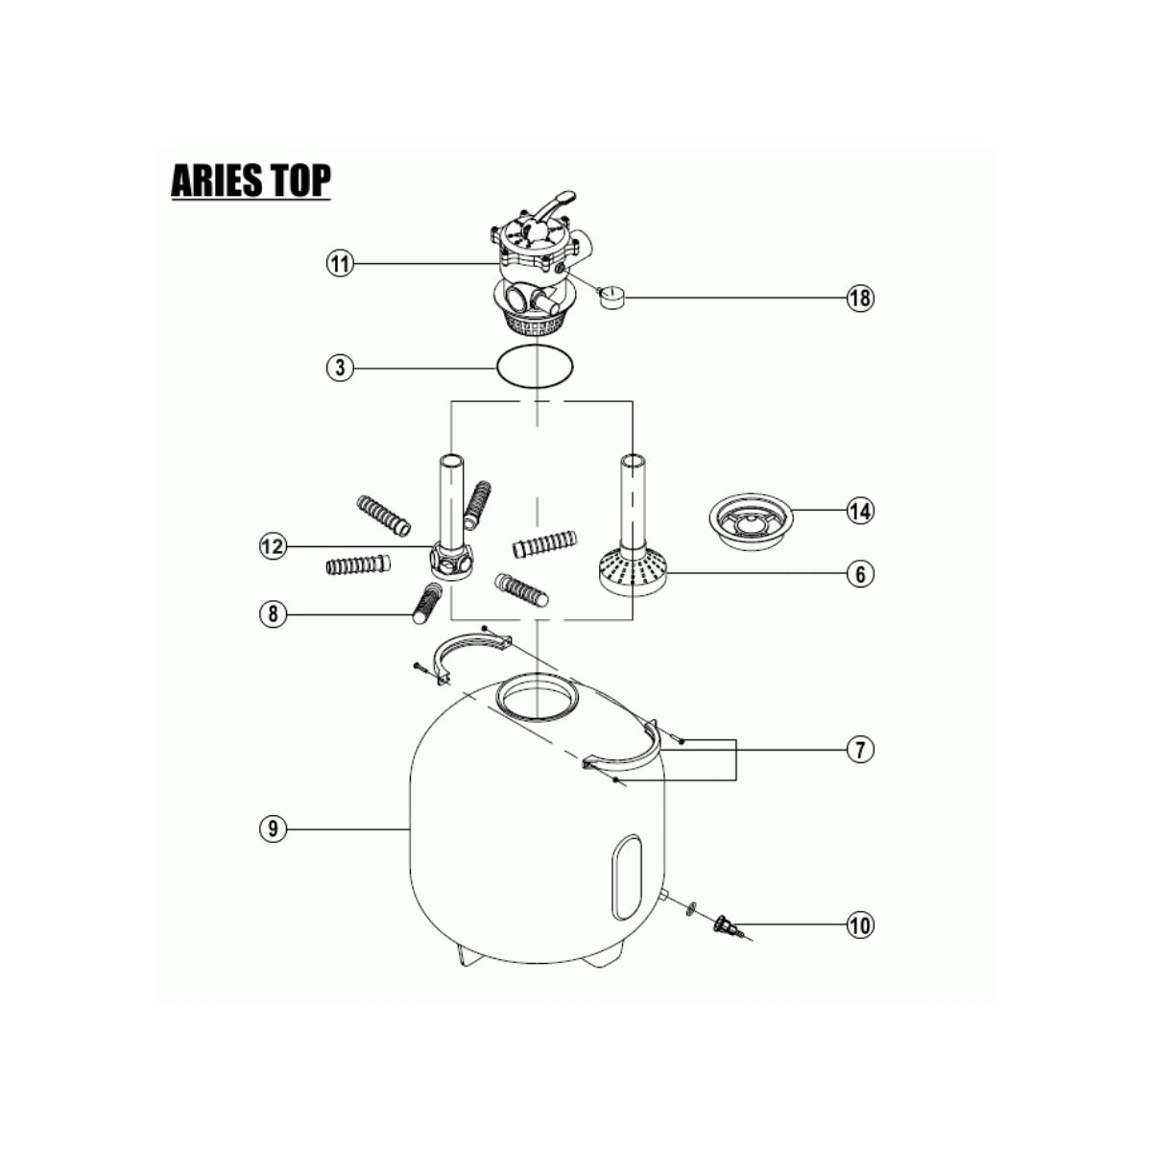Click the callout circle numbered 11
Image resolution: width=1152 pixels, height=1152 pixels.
(340, 264)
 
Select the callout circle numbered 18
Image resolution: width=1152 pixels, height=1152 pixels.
(860, 297)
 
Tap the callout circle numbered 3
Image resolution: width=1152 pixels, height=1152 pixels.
(340, 368)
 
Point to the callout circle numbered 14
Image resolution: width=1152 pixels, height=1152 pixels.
(860, 511)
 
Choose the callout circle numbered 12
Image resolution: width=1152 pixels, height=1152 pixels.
(274, 546)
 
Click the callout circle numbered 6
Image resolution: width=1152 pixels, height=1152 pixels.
(860, 574)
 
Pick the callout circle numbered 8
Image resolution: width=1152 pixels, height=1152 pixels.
(274, 613)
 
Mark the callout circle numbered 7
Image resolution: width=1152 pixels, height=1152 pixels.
(860, 749)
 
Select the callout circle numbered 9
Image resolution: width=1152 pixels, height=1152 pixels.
(274, 828)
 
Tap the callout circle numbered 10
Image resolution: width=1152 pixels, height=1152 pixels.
(860, 924)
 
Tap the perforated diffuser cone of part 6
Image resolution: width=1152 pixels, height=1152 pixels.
(633, 574)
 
